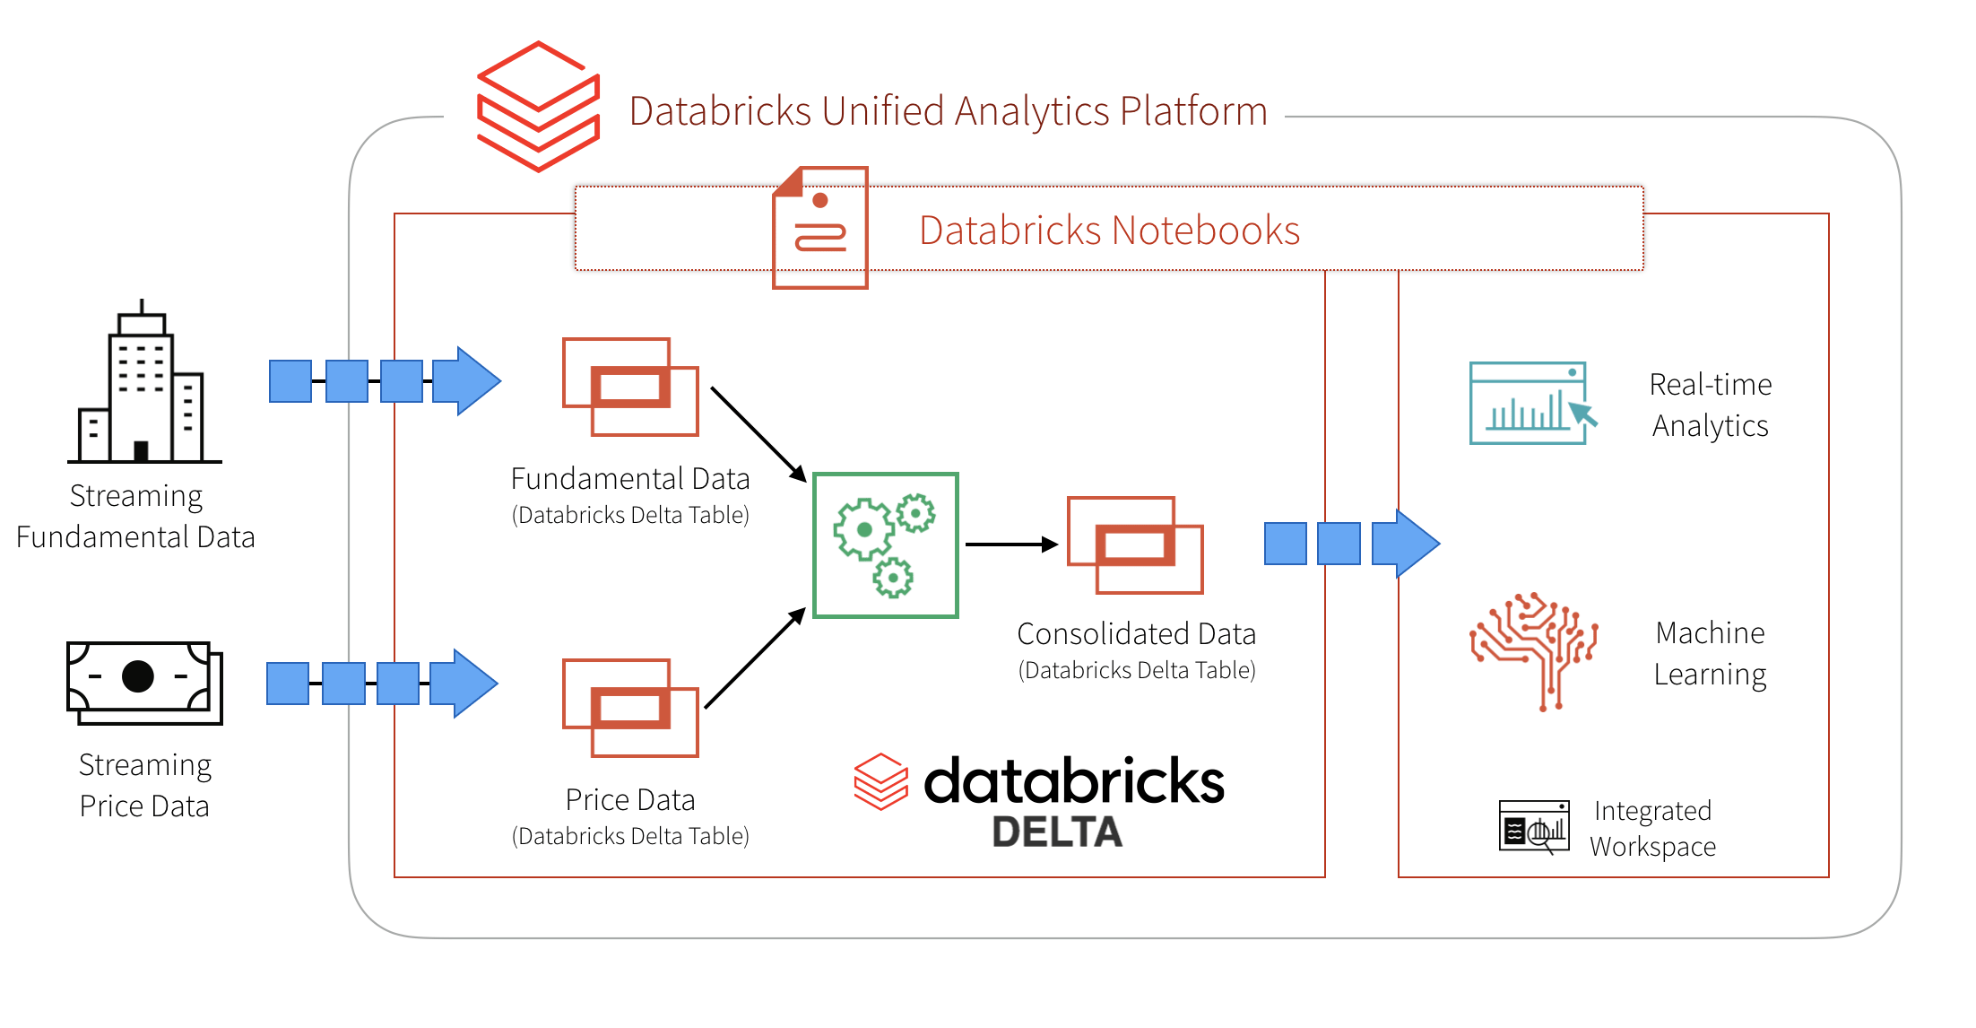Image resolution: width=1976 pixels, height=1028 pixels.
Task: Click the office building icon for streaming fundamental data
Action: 143,386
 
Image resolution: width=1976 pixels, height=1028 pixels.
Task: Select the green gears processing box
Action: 885,544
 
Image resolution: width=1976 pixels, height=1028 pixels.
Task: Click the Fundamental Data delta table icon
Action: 630,387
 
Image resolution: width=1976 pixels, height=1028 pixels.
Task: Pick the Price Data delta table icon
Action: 630,708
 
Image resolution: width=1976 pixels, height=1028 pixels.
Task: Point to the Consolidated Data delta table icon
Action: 1135,544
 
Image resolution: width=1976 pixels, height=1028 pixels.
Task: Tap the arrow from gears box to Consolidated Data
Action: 1010,544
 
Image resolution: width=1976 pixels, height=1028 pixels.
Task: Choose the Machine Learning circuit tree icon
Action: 1534,650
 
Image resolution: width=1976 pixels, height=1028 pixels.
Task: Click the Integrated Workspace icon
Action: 1534,826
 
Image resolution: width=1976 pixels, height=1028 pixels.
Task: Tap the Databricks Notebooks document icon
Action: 819,228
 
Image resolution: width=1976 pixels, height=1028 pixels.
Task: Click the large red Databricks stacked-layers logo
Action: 538,107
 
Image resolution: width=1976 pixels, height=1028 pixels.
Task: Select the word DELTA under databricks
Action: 1056,832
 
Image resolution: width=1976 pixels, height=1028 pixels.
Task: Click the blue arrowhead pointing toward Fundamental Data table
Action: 468,381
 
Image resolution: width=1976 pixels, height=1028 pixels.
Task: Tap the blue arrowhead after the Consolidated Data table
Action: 1407,544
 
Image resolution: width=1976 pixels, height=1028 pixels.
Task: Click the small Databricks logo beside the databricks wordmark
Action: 880,781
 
